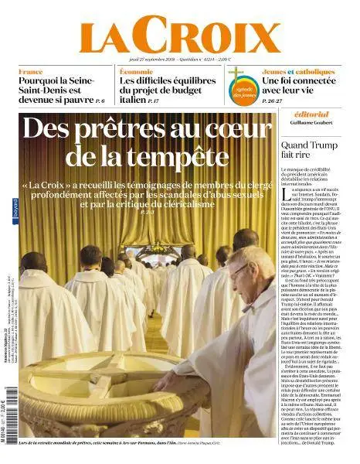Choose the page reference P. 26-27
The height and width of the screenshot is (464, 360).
tap(273, 101)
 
